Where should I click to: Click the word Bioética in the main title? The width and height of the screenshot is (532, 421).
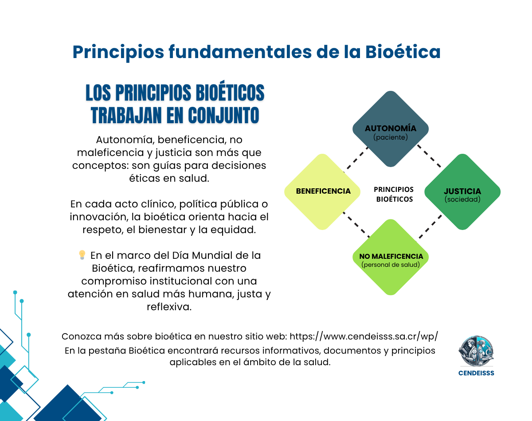pyautogui.click(x=403, y=52)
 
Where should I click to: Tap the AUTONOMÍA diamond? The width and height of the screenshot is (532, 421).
pyautogui.click(x=391, y=129)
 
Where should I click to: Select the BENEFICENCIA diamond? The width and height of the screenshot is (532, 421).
pyautogui.click(x=322, y=191)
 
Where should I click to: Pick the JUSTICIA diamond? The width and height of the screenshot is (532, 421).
pyautogui.click(x=462, y=191)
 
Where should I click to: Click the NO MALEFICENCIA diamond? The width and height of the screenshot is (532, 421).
pyautogui.click(x=391, y=257)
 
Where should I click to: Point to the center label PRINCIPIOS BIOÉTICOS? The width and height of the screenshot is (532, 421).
pyautogui.click(x=394, y=194)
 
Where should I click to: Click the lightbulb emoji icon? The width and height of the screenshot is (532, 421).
pyautogui.click(x=82, y=255)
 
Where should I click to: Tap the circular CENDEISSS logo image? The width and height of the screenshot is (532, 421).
pyautogui.click(x=476, y=351)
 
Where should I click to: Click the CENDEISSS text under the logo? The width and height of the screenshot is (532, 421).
pyautogui.click(x=476, y=373)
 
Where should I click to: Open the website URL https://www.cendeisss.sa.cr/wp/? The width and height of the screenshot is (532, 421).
pyautogui.click(x=364, y=336)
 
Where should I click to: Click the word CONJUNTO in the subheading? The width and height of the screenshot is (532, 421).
pyautogui.click(x=223, y=116)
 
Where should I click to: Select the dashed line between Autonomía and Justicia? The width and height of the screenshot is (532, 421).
pyautogui.click(x=429, y=156)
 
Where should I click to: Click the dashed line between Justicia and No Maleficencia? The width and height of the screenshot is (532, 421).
pyautogui.click(x=430, y=227)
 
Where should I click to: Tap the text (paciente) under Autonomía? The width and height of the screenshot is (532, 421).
pyautogui.click(x=391, y=137)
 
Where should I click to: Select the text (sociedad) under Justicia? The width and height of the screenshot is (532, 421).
pyautogui.click(x=462, y=199)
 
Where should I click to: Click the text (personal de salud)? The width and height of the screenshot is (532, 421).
pyautogui.click(x=391, y=265)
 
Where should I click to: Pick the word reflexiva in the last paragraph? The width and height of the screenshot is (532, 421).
pyautogui.click(x=169, y=307)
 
